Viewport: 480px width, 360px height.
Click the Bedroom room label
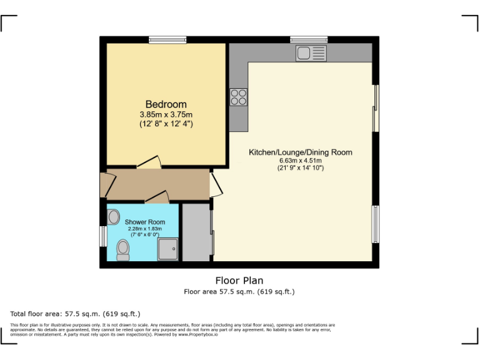click(166, 104)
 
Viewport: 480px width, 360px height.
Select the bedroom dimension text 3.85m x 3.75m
click(166, 114)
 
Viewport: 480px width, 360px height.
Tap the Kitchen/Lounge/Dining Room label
click(300, 152)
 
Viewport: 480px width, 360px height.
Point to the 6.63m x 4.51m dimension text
click(300, 160)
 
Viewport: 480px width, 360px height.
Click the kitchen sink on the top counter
click(311, 52)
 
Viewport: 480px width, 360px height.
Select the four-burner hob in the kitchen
click(238, 97)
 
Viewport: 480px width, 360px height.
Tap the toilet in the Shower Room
click(122, 250)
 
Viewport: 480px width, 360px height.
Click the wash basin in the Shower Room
click(113, 217)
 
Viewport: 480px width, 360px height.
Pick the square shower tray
click(168, 249)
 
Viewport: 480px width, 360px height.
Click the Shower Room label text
click(145, 222)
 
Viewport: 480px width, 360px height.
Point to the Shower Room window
click(102, 236)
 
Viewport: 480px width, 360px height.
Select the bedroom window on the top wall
click(167, 40)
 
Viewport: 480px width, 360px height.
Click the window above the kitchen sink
click(309, 40)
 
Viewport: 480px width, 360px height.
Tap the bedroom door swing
click(150, 162)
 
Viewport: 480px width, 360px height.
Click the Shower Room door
click(157, 198)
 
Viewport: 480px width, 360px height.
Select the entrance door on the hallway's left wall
click(107, 184)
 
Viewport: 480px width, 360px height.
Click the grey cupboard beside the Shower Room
click(196, 232)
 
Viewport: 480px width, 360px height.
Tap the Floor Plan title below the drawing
click(239, 280)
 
